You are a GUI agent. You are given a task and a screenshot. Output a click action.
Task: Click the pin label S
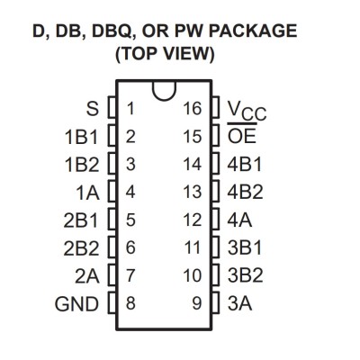(93, 109)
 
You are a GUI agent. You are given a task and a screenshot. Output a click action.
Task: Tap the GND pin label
(76, 304)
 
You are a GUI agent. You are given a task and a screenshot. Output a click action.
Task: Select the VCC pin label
(247, 111)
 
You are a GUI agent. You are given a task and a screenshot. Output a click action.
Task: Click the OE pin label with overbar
(242, 134)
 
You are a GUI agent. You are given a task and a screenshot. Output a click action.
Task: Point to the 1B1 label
(82, 137)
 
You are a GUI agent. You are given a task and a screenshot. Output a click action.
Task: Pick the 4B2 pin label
(245, 192)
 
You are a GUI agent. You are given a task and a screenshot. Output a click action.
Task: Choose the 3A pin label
(239, 303)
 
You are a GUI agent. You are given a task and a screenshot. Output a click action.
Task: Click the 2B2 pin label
(81, 248)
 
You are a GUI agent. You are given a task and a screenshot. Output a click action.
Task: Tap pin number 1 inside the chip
(130, 109)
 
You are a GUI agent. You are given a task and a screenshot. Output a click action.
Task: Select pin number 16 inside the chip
(193, 109)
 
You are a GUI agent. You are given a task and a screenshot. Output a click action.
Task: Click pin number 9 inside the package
(197, 303)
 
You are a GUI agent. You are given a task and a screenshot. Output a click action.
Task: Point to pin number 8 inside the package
(130, 303)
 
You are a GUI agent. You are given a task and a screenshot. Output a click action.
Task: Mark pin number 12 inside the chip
(193, 220)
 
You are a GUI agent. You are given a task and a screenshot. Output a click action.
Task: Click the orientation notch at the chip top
(164, 96)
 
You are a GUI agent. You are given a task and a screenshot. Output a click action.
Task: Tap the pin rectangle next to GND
(112, 303)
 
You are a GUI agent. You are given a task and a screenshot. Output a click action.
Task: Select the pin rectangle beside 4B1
(216, 164)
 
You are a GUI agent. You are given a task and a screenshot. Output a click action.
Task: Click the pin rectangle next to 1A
(112, 192)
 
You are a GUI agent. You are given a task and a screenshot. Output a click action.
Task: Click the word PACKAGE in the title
(252, 31)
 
